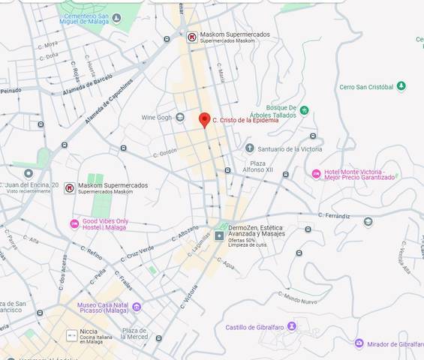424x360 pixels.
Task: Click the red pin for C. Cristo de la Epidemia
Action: [203, 120]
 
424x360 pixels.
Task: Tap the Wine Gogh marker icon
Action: [180, 118]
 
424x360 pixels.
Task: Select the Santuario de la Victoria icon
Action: [250, 148]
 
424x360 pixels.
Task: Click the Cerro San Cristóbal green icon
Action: [401, 86]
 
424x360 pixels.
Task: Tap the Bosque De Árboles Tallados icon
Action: [304, 111]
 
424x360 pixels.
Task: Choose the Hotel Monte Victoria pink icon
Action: [316, 174]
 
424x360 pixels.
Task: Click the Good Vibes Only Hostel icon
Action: [74, 223]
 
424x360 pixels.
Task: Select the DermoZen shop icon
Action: [219, 235]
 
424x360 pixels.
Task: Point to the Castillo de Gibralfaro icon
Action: [293, 326]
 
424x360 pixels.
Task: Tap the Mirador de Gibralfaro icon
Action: [359, 343]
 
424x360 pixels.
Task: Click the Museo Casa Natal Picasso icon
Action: [137, 306]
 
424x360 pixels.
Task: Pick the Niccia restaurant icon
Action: [71, 334]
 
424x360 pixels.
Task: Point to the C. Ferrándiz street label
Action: [334, 216]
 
